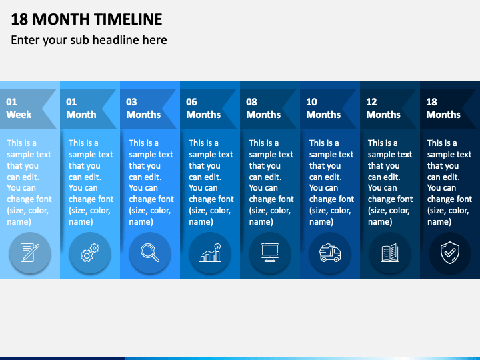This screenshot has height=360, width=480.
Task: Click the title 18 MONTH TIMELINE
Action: coord(87,19)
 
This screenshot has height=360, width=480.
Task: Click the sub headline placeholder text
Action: coord(89,40)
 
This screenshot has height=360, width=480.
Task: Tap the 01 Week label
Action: coord(19,108)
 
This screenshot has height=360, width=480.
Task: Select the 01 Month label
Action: coord(81,108)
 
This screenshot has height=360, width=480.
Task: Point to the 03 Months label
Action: coord(143,108)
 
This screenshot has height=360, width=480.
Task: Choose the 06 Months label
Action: coord(203,108)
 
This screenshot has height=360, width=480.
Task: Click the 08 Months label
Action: coord(263,108)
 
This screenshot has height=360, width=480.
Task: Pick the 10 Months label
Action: coord(323,108)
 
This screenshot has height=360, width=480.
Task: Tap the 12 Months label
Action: coord(383,108)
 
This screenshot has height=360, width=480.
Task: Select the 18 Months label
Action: coord(443,108)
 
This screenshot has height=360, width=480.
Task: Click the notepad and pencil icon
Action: coord(29,253)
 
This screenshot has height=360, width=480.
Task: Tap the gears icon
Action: coord(90,253)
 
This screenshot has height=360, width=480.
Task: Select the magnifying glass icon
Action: coord(150,253)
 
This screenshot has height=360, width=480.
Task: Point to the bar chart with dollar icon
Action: coord(210,253)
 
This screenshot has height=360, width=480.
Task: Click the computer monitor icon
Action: coord(270,253)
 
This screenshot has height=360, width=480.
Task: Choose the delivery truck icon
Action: coord(330,253)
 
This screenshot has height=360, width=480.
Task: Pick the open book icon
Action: coord(390,253)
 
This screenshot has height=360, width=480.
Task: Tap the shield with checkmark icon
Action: coord(450,253)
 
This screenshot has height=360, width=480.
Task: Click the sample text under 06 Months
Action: coord(211,182)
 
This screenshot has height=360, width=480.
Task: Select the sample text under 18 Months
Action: coord(449,182)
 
